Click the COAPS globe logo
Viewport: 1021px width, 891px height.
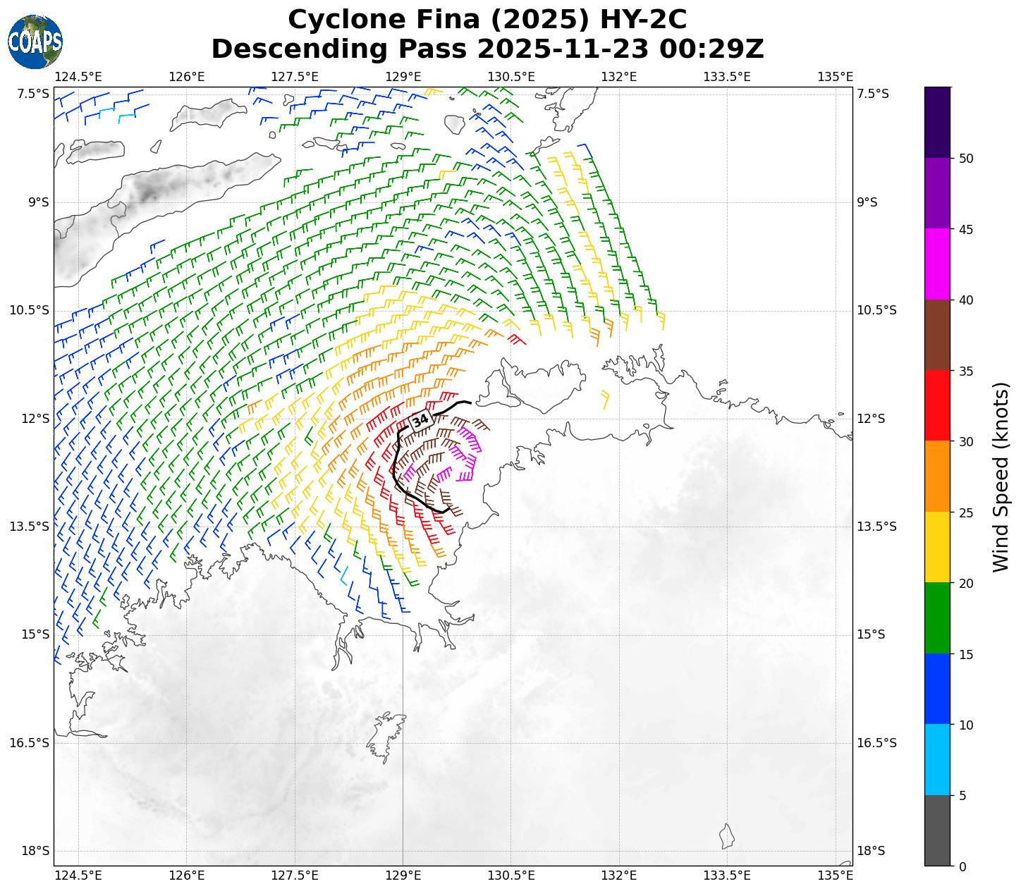click(x=35, y=42)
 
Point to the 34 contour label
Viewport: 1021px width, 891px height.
click(x=420, y=421)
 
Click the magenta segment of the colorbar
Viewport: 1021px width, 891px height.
click(x=937, y=264)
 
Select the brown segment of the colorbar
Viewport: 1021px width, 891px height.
click(x=937, y=335)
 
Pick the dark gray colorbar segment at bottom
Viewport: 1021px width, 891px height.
click(x=937, y=830)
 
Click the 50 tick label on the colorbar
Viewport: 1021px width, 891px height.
click(x=966, y=159)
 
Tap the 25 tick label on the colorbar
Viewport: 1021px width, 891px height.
click(x=966, y=512)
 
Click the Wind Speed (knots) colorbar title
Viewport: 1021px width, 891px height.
click(x=1001, y=477)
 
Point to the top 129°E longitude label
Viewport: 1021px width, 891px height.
click(x=403, y=76)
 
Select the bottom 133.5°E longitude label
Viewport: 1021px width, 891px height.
click(x=727, y=875)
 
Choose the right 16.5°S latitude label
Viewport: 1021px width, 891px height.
click(x=876, y=743)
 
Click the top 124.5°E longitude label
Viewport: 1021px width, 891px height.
click(x=78, y=76)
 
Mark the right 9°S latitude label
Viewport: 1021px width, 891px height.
click(x=867, y=202)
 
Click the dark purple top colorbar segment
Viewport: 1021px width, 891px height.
click(x=937, y=122)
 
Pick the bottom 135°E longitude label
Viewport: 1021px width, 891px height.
click(x=836, y=875)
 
